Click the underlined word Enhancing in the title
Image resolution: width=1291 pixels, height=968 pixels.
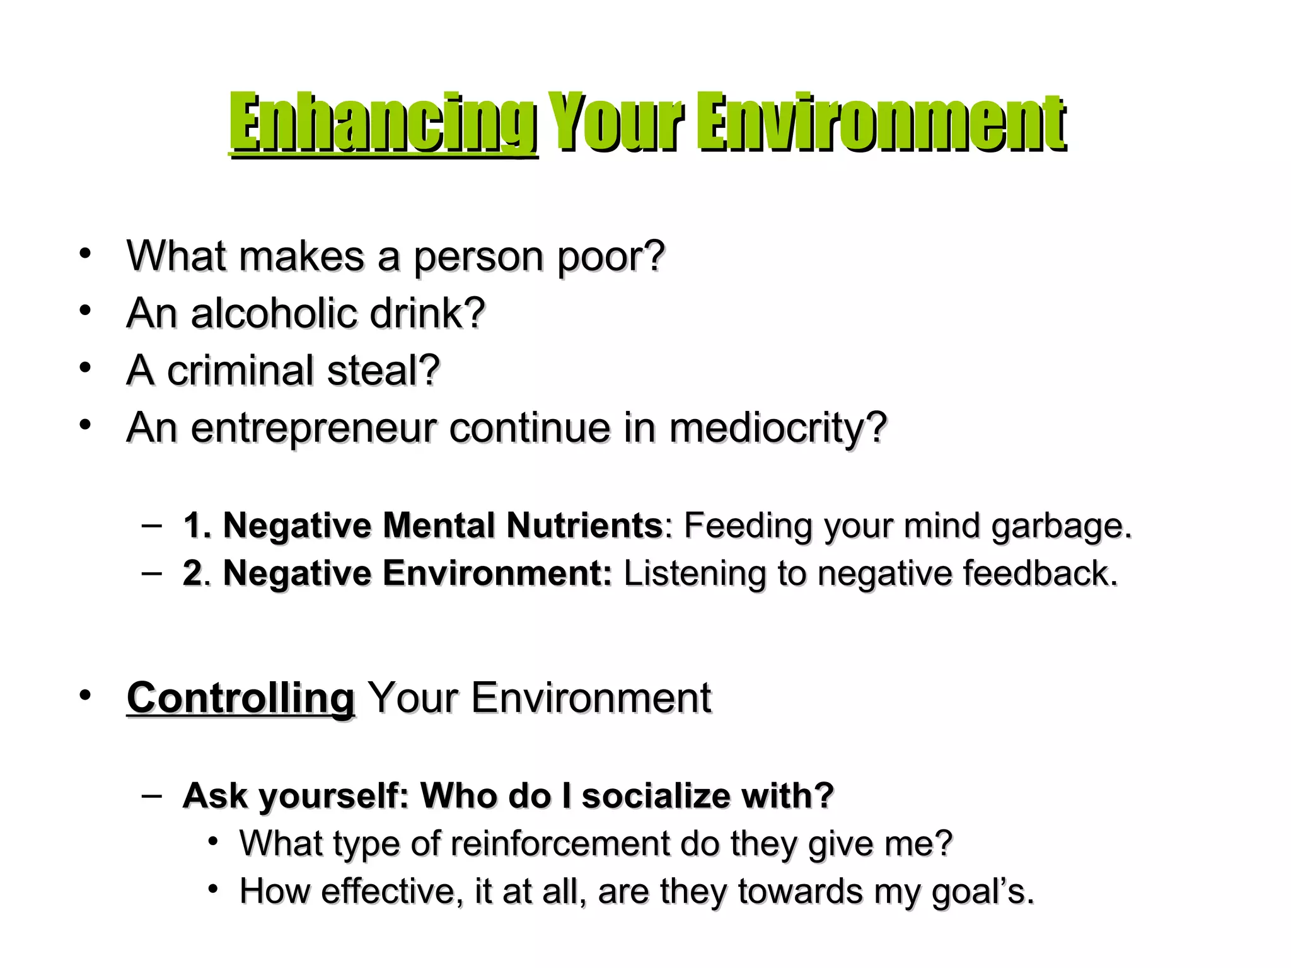[x=383, y=123]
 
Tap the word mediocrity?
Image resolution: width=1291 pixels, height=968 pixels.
[x=778, y=428]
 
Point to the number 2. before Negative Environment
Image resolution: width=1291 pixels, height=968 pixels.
[x=196, y=573]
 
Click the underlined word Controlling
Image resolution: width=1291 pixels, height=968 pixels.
[x=241, y=698]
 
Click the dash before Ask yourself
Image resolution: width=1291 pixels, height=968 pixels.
[x=151, y=794]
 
